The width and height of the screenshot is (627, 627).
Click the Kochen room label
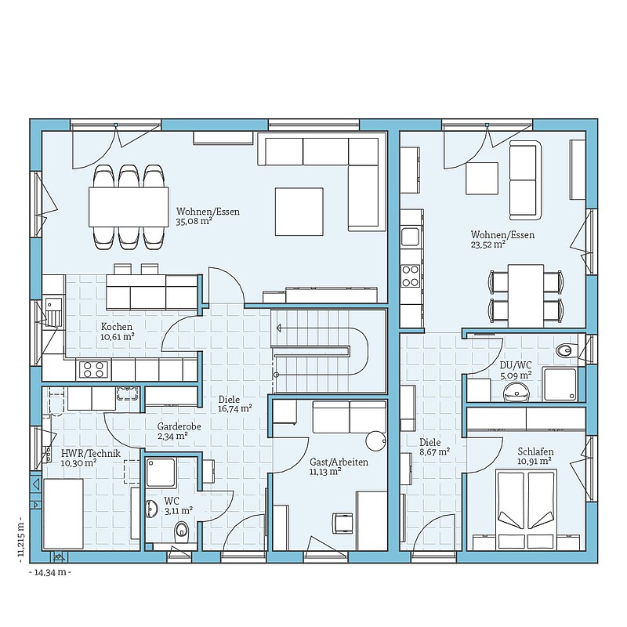coord(116,327)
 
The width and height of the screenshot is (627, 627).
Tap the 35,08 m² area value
coord(194,221)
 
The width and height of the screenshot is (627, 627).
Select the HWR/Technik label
coord(90,454)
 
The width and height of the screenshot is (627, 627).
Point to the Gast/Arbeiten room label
coord(339,462)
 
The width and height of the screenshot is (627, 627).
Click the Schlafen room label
coord(535,452)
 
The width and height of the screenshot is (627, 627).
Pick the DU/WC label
coord(516,365)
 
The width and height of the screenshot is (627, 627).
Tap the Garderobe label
coord(179,426)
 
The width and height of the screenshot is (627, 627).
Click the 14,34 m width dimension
coord(50,572)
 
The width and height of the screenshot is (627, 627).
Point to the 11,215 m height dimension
coord(21,539)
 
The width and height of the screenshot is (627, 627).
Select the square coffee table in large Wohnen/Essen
coord(299,212)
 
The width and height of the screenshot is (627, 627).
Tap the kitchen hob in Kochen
coord(95,369)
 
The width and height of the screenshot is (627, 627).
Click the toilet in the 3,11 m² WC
coord(182,531)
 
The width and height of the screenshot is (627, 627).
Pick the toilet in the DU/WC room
coord(566,350)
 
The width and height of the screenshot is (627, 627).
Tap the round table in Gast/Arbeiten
coord(376,440)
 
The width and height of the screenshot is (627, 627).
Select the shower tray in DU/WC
coord(560,384)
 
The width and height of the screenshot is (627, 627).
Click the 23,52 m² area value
coord(488,245)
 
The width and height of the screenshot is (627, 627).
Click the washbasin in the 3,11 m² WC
coord(153,508)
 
